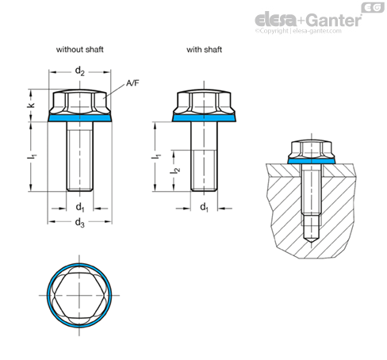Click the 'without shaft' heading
pyautogui.click(x=79, y=49)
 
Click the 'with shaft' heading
pyautogui.click(x=204, y=49)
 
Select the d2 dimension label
pyautogui.click(x=80, y=71)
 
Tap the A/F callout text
pyautogui.click(x=132, y=83)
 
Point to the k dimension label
pyautogui.click(x=32, y=105)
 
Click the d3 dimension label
pyautogui.click(x=80, y=223)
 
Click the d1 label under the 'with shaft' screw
pyautogui.click(x=204, y=207)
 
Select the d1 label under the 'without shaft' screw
pyautogui.click(x=80, y=207)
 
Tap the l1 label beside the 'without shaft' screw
pyautogui.click(x=32, y=156)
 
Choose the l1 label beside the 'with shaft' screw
pyautogui.click(x=156, y=156)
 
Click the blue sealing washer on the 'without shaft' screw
pyautogui.click(x=80, y=118)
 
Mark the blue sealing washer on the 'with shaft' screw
pyautogui.click(x=204, y=118)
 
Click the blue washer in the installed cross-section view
pyautogui.click(x=311, y=161)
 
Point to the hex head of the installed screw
pyautogui.click(x=311, y=149)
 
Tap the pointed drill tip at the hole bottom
pyautogui.click(x=311, y=243)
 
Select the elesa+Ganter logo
pyautogui.click(x=308, y=20)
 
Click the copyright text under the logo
pyautogui.click(x=298, y=31)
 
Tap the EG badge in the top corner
pyautogui.click(x=373, y=7)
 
